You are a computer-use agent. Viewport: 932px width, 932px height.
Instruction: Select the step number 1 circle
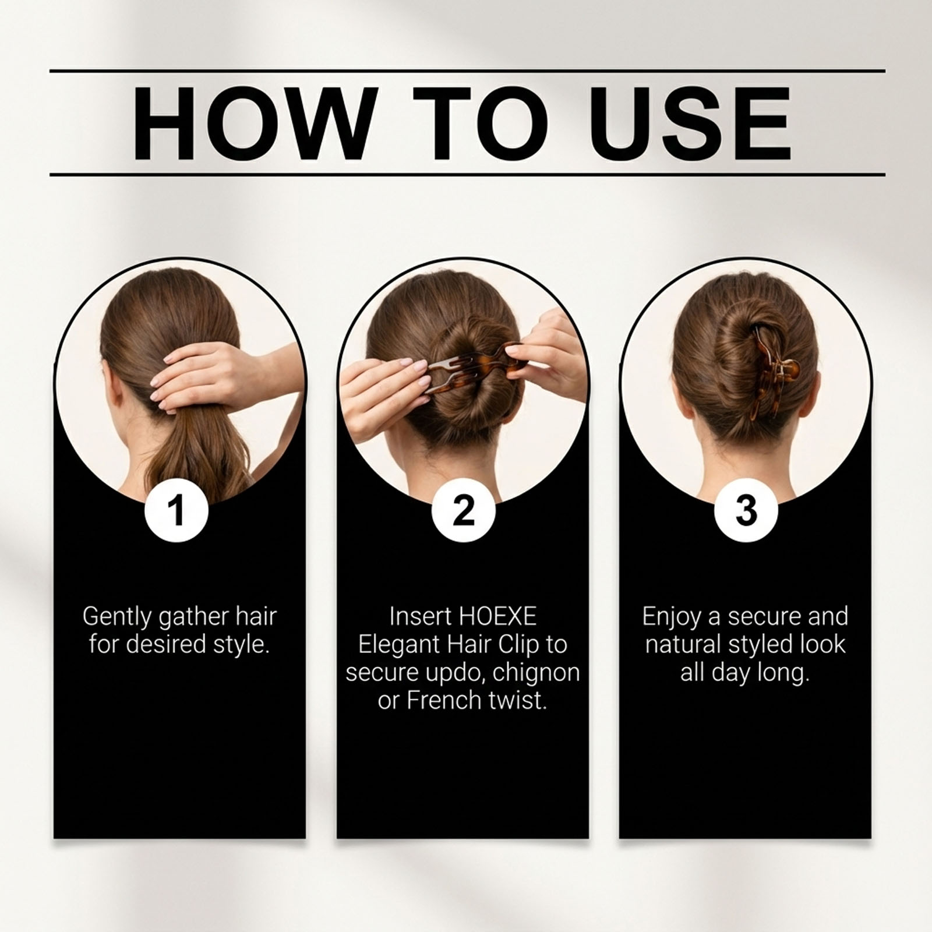tap(177, 510)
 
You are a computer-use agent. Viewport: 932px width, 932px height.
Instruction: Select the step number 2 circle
tap(463, 510)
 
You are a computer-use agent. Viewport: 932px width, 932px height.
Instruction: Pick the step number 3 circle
tap(746, 510)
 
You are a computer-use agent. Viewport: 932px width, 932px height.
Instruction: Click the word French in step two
tap(446, 700)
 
